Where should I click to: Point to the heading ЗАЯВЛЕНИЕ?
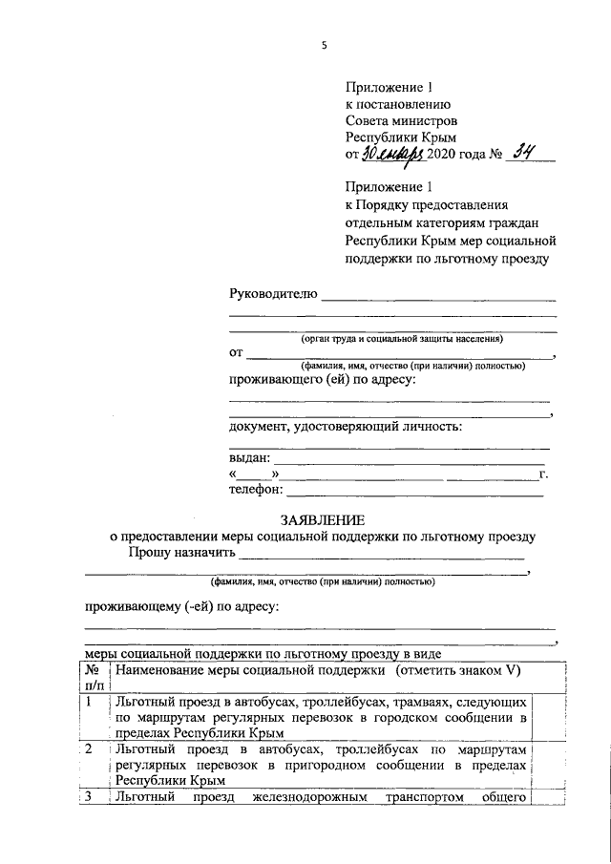click(x=322, y=520)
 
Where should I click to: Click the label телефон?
click(x=256, y=490)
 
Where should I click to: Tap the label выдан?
click(x=250, y=457)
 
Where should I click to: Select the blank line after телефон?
click(x=415, y=494)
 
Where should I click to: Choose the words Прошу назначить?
click(x=181, y=553)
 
